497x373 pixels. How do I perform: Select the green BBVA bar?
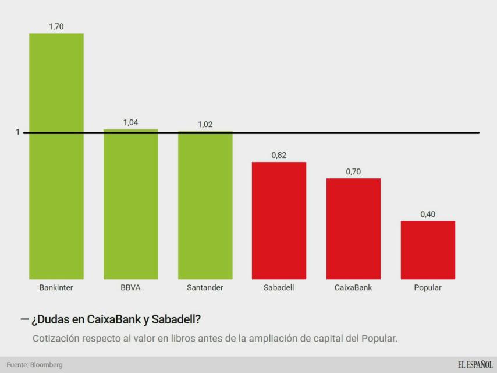click(x=131, y=204)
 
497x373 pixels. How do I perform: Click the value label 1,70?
click(x=56, y=26)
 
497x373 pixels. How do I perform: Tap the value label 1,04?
click(x=131, y=123)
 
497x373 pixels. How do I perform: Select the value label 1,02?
click(x=205, y=124)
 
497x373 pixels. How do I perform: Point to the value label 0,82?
click(x=279, y=155)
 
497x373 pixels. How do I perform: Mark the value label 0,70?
click(x=353, y=171)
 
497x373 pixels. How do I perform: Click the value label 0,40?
click(x=428, y=214)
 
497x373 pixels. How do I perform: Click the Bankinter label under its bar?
click(x=56, y=288)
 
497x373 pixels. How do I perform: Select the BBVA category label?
click(x=131, y=288)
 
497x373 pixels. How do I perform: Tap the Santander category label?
click(x=205, y=288)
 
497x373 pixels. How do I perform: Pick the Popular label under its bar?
click(x=428, y=288)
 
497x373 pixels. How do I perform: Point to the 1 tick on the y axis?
click(x=17, y=133)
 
